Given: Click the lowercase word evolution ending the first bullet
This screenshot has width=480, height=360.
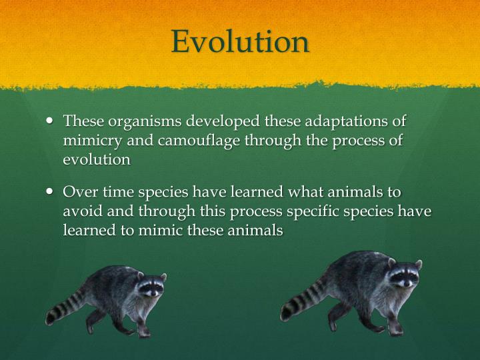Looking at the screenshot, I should point(96,160).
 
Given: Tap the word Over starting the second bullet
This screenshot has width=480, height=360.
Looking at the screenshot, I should point(79,193).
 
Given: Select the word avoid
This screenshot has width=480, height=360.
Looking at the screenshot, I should point(80,211).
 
